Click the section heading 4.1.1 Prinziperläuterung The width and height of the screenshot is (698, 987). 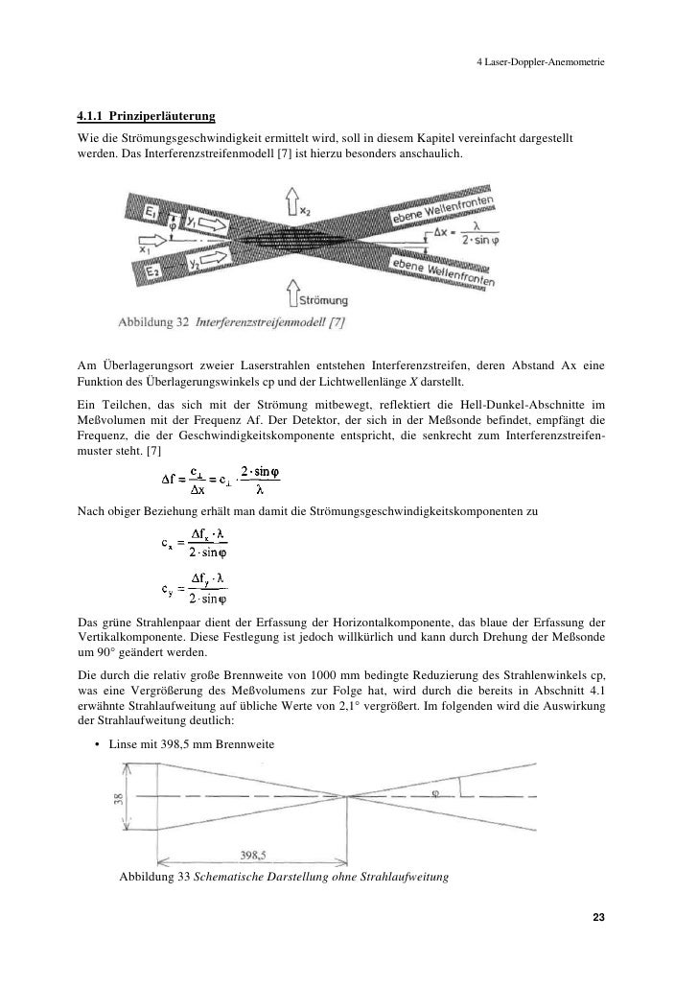pos(146,117)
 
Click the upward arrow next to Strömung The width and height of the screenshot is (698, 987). pos(294,289)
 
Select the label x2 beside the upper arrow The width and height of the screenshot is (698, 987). pos(306,209)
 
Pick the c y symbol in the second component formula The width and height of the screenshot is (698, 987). pos(167,591)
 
